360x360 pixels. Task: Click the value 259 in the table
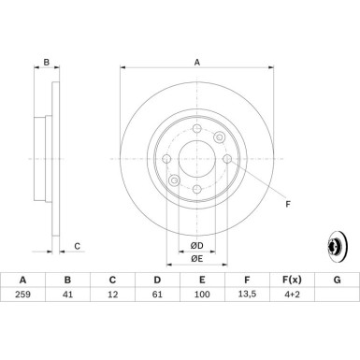[22, 295]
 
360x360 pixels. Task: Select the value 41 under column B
[67, 295]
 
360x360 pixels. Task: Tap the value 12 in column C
[112, 295]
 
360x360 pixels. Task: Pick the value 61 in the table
[157, 295]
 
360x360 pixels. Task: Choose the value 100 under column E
[202, 295]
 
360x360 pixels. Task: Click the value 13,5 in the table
[247, 295]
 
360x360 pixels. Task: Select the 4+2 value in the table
[292, 295]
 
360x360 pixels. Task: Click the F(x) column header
[292, 278]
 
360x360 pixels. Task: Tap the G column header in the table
[337, 278]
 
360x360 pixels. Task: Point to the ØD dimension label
[197, 246]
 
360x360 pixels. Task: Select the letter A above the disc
[197, 64]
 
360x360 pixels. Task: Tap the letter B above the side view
[46, 64]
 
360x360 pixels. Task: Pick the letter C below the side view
[78, 246]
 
